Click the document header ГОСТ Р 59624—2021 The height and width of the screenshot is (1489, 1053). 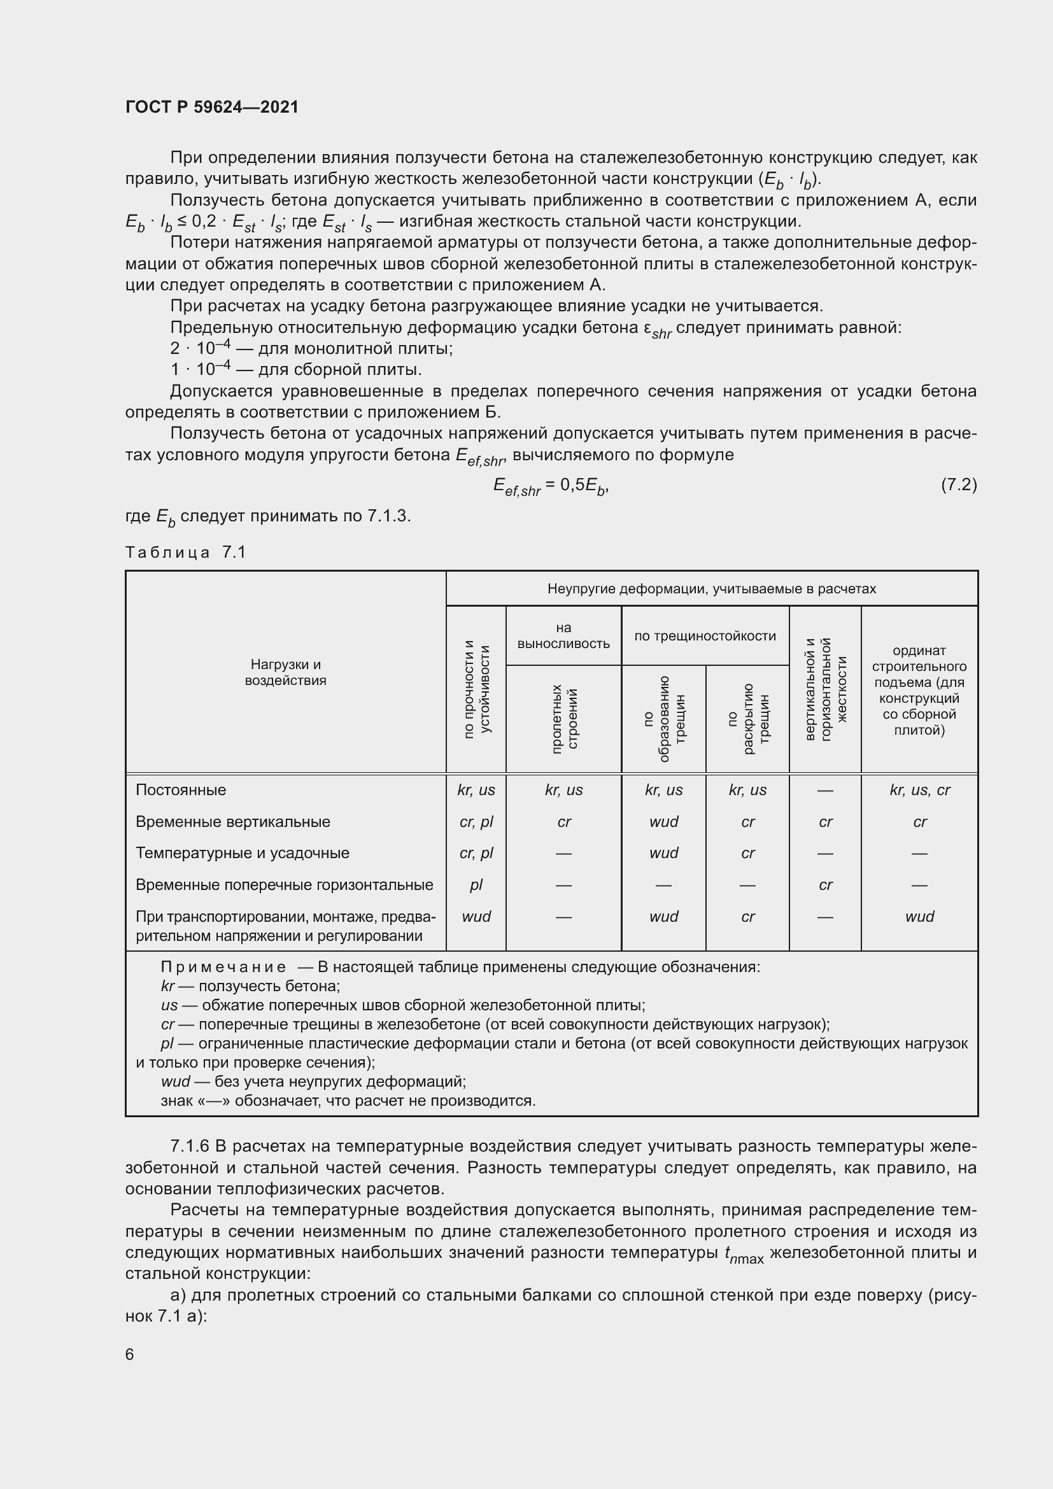point(212,107)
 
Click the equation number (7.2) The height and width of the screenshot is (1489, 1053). point(958,484)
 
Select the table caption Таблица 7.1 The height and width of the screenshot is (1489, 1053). point(185,553)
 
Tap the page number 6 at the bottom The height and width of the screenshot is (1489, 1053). point(130,1354)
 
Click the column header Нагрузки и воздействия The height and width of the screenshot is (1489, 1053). point(285,672)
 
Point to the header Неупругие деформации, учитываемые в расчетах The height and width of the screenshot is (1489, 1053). point(711,589)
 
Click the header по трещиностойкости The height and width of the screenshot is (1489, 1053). point(705,636)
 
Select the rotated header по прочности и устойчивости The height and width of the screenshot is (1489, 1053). point(477,689)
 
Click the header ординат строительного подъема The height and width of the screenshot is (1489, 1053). point(919,690)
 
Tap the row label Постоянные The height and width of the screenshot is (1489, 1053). point(181,790)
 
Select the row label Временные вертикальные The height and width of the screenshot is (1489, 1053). point(233,822)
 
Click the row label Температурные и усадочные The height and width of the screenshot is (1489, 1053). point(243,853)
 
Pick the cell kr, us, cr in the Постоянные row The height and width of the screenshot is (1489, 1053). point(919,790)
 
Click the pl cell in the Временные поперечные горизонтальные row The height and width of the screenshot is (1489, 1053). point(476,885)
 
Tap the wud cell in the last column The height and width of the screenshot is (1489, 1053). point(919,916)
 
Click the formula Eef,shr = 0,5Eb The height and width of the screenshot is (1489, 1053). point(551,486)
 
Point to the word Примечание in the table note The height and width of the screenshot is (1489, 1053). point(223,967)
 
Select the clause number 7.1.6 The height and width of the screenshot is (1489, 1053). point(189,1147)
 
